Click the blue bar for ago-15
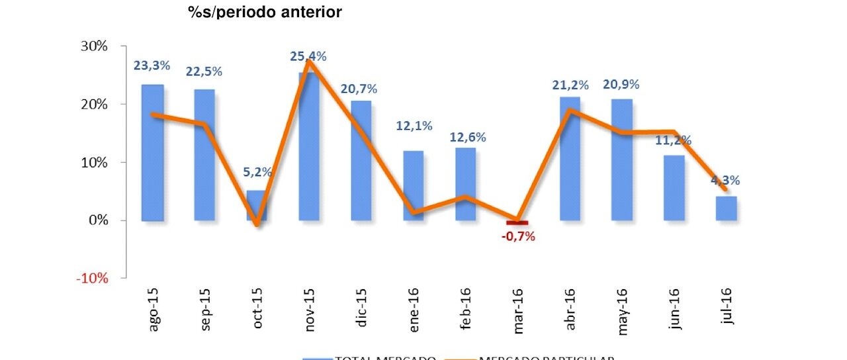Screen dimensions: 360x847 (x=152, y=153)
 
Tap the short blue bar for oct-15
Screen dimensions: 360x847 (x=257, y=205)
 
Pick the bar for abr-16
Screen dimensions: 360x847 (x=570, y=159)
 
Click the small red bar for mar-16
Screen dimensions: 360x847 (x=518, y=223)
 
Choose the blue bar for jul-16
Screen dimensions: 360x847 (x=727, y=208)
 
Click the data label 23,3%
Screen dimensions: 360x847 (x=152, y=66)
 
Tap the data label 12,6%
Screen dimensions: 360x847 (x=468, y=138)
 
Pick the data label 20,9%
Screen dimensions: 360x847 (x=621, y=85)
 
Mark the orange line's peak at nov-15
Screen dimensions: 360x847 (x=310, y=61)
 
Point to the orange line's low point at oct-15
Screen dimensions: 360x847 (x=257, y=225)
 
